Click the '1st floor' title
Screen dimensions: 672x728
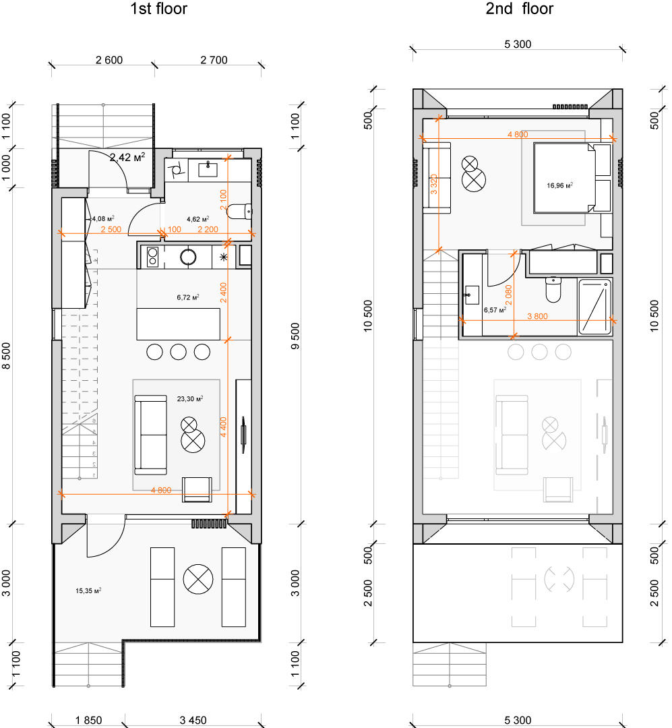tap(158, 9)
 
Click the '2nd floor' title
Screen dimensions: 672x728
tap(519, 9)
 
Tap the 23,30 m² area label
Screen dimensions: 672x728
tap(190, 399)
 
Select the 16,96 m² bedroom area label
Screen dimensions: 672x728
tap(559, 186)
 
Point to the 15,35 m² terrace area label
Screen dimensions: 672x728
tap(88, 591)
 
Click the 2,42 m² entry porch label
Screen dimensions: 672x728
tap(127, 157)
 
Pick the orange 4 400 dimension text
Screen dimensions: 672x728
tap(223, 427)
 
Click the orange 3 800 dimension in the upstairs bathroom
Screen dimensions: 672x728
tap(537, 316)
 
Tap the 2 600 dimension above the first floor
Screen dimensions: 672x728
tap(109, 60)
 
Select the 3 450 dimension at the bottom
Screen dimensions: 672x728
tap(193, 720)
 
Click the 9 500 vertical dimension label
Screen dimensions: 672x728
tap(295, 336)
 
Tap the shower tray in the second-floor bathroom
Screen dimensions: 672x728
tap(594, 307)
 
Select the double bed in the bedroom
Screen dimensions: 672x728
tap(564, 178)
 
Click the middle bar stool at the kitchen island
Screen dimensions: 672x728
tap(179, 352)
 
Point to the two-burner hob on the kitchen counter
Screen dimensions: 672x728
tap(152, 257)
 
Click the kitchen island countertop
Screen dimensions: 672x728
tap(179, 324)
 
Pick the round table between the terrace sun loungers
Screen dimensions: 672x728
tap(198, 580)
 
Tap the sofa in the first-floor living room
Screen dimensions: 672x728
tap(150, 435)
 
